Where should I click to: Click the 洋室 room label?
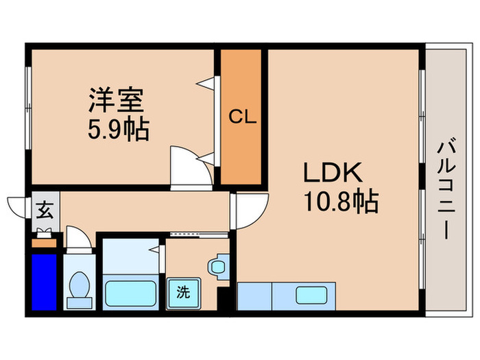click(x=115, y=100)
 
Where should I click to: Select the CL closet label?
click(x=241, y=117)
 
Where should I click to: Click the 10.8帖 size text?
click(x=341, y=202)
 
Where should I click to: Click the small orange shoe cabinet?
click(x=43, y=243)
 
